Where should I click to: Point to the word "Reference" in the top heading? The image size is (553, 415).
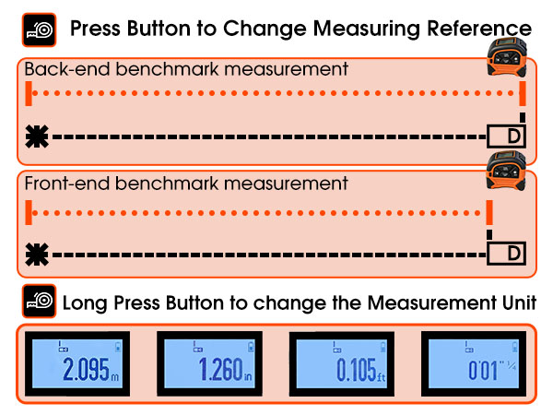pos(478,29)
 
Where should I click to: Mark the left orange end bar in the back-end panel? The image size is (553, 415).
pos(30,94)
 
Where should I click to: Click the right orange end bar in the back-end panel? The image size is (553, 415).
pos(523,94)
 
